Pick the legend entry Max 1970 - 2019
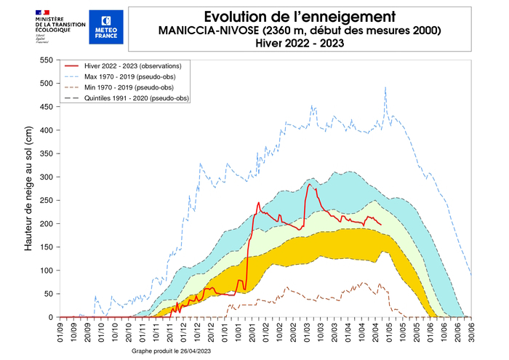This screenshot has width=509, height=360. [x=131, y=77]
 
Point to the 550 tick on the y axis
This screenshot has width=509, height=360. [x=47, y=60]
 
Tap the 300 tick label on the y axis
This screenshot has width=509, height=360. [x=47, y=177]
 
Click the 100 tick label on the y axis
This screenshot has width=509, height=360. [x=47, y=271]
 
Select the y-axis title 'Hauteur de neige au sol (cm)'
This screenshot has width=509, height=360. [x=29, y=188]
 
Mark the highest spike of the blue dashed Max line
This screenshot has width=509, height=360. [x=385, y=87]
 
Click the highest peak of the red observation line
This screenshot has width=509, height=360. [x=308, y=184]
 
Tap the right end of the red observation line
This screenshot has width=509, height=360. [x=381, y=225]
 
